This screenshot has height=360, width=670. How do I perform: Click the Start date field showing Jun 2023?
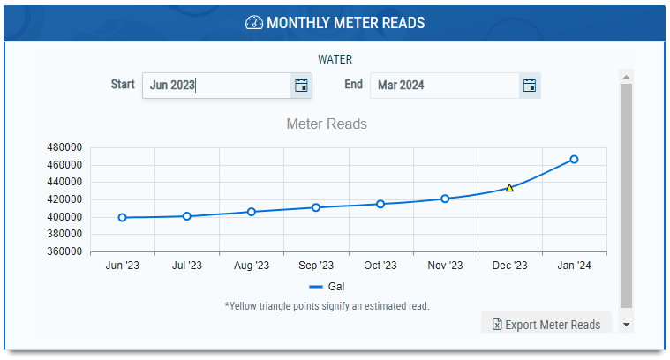coord(216,86)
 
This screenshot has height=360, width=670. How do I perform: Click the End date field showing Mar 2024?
coord(444,86)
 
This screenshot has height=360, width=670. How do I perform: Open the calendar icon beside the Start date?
coord(301,86)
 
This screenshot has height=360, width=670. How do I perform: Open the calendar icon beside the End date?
coord(530,86)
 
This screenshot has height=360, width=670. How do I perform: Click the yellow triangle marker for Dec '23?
coord(509,188)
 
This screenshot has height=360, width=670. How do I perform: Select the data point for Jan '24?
coord(574,159)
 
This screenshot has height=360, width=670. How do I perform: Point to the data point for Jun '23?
coord(122,217)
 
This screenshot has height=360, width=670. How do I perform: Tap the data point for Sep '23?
coord(316,207)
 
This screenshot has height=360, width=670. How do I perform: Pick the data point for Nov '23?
coord(445,199)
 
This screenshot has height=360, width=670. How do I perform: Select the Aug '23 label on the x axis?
coord(252,266)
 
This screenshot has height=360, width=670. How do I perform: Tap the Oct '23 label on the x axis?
coord(380,266)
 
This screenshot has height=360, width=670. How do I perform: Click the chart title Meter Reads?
coord(327,124)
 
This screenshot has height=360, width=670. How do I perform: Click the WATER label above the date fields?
coord(335,60)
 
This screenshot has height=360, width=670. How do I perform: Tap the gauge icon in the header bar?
coord(253,23)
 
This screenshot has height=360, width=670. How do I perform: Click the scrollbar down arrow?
coord(626,325)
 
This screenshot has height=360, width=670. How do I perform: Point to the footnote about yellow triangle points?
coord(327,306)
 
